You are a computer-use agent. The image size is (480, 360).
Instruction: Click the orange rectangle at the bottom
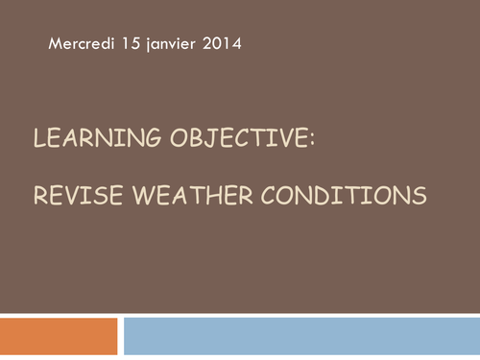click(x=59, y=337)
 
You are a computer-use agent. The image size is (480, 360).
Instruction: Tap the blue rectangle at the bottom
click(x=301, y=337)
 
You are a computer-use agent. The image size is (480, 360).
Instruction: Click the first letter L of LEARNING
click(x=38, y=141)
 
